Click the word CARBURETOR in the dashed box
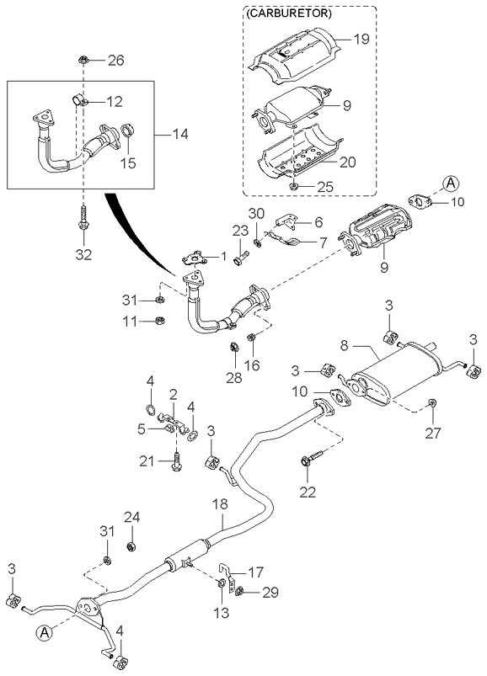pyautogui.click(x=289, y=13)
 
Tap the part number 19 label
pyautogui.click(x=361, y=40)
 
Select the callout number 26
pyautogui.click(x=115, y=61)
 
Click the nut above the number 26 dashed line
pyautogui.click(x=83, y=60)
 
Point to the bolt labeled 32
pyautogui.click(x=83, y=220)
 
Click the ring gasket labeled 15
pyautogui.click(x=128, y=130)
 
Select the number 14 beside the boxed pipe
pyautogui.click(x=179, y=135)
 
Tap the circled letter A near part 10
pyautogui.click(x=450, y=184)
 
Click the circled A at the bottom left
pyautogui.click(x=43, y=631)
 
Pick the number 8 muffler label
pyautogui.click(x=344, y=346)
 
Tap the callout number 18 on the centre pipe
pyautogui.click(x=220, y=504)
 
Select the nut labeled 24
pyautogui.click(x=131, y=547)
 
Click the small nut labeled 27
pyautogui.click(x=431, y=403)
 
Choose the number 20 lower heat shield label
pyautogui.click(x=348, y=162)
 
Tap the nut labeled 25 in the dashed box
pyautogui.click(x=293, y=186)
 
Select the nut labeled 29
pyautogui.click(x=241, y=591)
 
